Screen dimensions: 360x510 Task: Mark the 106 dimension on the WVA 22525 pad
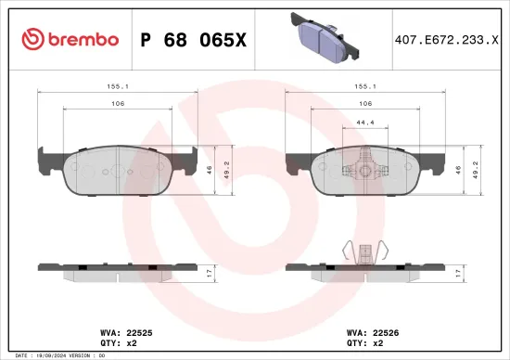click(x=117, y=103)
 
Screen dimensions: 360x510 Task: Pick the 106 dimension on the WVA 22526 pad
click(x=365, y=103)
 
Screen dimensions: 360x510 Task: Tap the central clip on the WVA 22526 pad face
click(x=365, y=169)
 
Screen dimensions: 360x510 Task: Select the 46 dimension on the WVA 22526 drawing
click(x=458, y=171)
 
